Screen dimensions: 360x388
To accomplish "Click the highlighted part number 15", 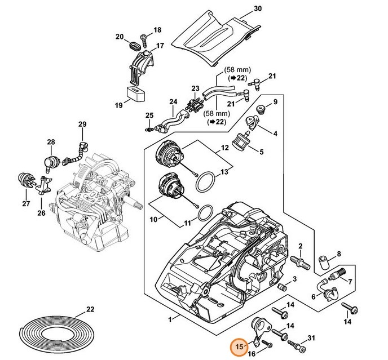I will click(239, 347).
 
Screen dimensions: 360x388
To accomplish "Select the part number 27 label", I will click(25, 203).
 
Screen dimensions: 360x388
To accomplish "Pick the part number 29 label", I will click(82, 125).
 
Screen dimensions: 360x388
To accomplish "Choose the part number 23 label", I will click(195, 88).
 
